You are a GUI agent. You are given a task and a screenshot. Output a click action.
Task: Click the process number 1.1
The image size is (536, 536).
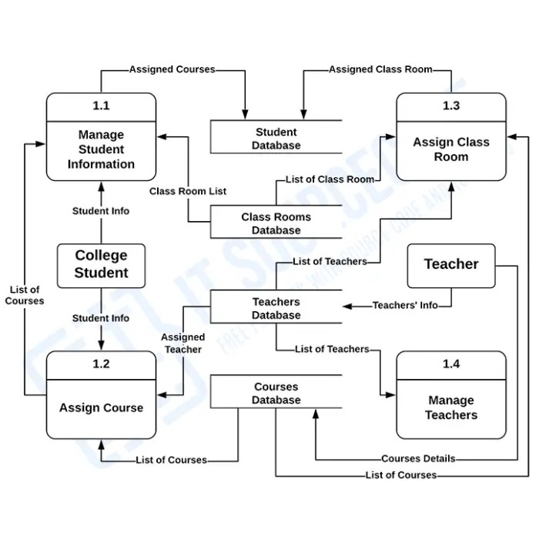click(101, 106)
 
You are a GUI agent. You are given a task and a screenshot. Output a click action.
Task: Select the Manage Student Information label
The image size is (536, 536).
click(101, 149)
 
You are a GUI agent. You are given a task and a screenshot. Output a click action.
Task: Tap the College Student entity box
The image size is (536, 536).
click(101, 264)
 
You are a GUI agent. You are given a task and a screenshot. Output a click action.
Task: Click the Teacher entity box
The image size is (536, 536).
click(451, 264)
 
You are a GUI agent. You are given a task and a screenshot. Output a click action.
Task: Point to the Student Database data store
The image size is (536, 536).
click(276, 139)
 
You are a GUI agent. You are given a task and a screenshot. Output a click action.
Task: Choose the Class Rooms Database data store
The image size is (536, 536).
click(276, 223)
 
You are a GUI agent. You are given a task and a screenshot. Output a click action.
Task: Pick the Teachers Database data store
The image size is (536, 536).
click(276, 308)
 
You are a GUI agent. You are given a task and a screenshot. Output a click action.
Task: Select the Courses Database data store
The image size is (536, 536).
click(276, 394)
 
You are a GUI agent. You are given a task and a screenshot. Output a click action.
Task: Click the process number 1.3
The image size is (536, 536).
click(451, 106)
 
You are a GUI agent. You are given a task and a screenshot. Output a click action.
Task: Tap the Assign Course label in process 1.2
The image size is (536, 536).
click(101, 407)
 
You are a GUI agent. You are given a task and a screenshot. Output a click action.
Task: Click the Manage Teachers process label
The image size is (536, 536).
click(451, 407)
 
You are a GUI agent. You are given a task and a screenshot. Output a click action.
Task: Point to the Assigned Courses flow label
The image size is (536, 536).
click(172, 69)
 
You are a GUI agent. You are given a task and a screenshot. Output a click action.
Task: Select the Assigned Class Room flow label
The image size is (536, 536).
click(380, 69)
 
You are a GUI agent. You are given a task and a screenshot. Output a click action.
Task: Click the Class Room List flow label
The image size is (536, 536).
click(188, 191)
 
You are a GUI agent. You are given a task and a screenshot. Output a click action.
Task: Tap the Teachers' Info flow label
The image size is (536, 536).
click(405, 305)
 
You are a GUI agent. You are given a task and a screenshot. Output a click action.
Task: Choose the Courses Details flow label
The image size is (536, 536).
click(418, 458)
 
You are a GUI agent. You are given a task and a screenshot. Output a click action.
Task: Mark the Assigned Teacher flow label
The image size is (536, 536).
click(183, 343)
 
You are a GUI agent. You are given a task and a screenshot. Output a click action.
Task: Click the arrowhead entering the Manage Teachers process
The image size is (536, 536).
click(390, 395)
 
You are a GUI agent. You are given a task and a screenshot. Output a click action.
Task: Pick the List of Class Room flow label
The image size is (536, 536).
click(330, 179)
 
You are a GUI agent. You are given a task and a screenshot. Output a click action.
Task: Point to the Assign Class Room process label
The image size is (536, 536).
click(451, 149)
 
